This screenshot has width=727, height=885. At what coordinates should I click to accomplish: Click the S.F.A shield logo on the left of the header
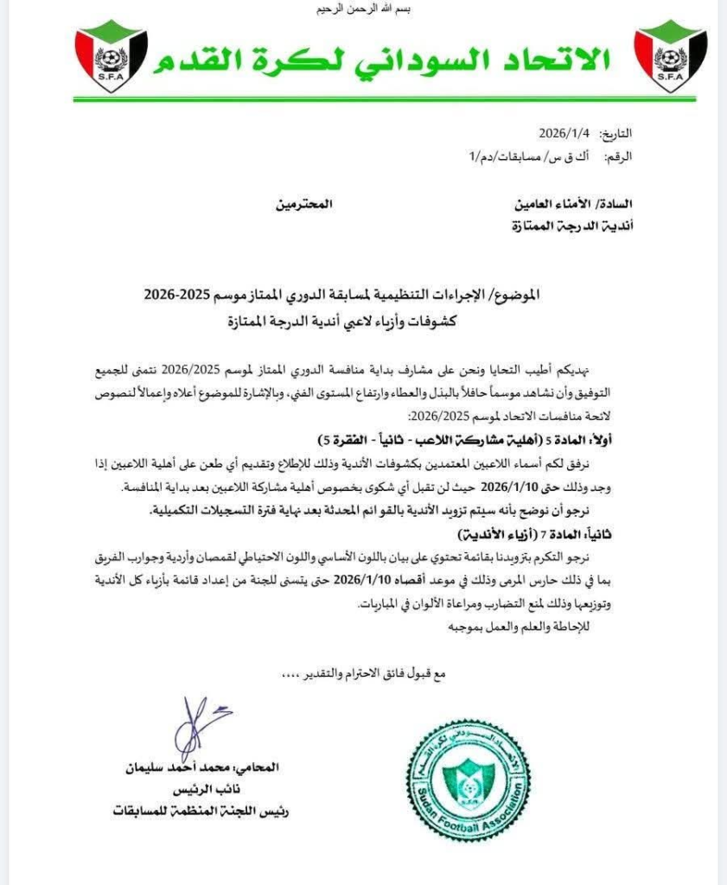tap(111, 57)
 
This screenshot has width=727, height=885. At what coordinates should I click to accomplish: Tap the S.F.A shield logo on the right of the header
tap(671, 57)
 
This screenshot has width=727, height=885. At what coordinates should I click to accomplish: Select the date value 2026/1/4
tap(563, 134)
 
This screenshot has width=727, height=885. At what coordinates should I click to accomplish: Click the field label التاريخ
tap(613, 134)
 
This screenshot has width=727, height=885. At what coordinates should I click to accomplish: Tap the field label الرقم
tap(615, 156)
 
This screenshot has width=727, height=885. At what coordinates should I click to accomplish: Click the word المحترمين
tap(303, 205)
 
